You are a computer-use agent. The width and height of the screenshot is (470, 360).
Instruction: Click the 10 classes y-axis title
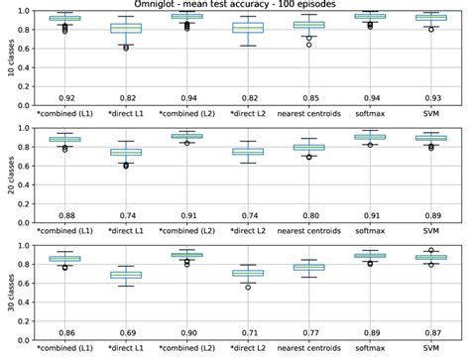click(x=9, y=60)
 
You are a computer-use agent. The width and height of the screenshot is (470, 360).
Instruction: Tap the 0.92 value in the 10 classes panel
click(x=64, y=99)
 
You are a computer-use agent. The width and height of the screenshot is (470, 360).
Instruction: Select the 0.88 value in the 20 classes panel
click(x=64, y=216)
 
